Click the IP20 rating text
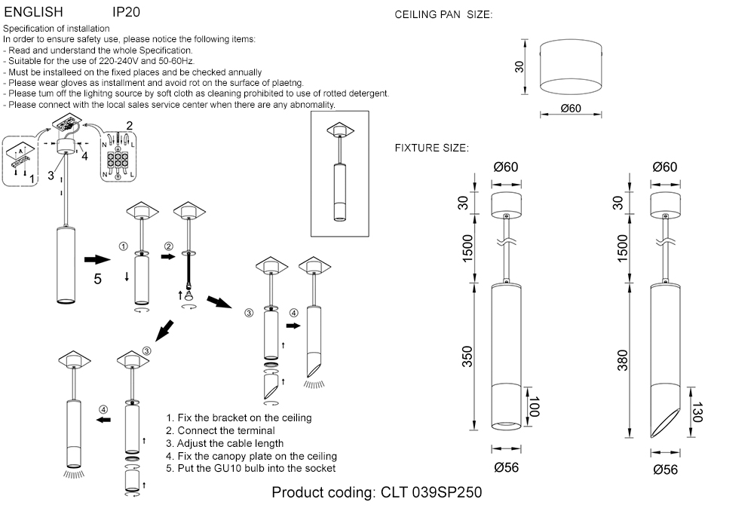[x=126, y=13]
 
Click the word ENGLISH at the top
[x=34, y=13]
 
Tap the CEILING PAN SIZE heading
[x=443, y=15]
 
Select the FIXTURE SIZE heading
[x=432, y=148]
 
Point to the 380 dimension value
[x=623, y=363]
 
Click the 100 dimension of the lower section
[x=535, y=408]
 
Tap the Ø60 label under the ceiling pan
[x=571, y=109]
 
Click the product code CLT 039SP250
[x=376, y=493]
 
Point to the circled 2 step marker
[x=169, y=246]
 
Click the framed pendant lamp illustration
[x=339, y=173]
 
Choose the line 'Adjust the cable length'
[x=225, y=443]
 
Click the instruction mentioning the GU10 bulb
[x=250, y=469]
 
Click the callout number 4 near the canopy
[x=84, y=156]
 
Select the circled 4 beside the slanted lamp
[x=293, y=314]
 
